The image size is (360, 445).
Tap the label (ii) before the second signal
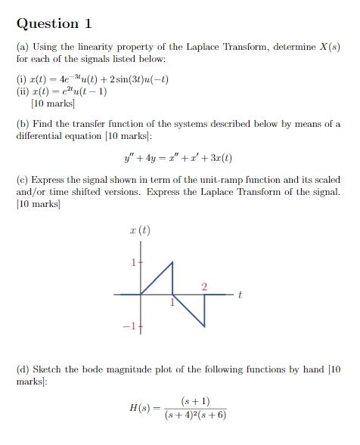click(23, 91)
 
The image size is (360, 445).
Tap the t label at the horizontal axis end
click(239, 295)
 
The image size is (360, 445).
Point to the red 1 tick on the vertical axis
click(133, 263)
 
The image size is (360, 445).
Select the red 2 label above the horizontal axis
click(203, 286)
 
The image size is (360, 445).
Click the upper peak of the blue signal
click(172, 262)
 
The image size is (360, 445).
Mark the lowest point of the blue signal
click(203, 326)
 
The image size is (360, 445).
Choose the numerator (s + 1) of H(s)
click(196, 400)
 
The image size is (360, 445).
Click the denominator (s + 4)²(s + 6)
click(195, 415)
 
